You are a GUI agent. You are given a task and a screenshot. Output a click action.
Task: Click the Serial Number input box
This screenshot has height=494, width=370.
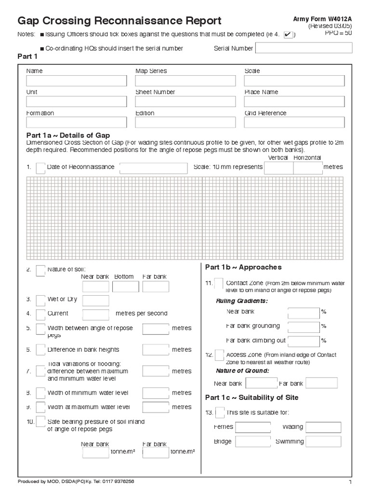(304, 48)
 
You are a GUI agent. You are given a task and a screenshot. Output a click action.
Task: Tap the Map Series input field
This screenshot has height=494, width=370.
(185, 81)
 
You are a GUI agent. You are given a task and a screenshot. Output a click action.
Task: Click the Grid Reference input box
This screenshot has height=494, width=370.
(294, 123)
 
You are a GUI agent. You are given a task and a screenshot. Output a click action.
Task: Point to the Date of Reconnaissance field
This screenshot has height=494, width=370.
(153, 168)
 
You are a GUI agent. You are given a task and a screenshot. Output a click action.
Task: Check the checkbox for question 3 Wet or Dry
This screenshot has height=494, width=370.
(41, 300)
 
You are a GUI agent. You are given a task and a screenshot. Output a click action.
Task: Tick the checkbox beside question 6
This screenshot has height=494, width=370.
(41, 350)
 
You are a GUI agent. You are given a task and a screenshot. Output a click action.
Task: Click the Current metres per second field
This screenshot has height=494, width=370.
(95, 315)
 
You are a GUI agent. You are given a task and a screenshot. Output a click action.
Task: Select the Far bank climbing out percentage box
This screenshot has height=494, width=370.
(304, 341)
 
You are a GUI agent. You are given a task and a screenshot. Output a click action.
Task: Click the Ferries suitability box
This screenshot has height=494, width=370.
(252, 427)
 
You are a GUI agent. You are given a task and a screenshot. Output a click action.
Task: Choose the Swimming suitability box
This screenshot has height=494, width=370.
(323, 442)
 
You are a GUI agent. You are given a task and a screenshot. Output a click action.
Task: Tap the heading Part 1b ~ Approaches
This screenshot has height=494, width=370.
(243, 267)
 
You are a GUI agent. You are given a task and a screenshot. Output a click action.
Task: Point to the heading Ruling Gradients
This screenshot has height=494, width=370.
(242, 301)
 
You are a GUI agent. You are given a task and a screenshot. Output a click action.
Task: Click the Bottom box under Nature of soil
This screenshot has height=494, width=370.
(125, 287)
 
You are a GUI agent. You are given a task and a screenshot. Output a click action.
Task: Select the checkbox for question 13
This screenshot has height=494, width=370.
(220, 413)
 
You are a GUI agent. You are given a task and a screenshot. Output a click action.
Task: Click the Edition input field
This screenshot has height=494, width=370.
(185, 123)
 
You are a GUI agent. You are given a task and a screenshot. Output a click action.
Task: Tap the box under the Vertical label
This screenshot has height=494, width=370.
(278, 168)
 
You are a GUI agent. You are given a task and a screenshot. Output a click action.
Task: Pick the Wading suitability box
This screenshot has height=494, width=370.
(323, 427)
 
